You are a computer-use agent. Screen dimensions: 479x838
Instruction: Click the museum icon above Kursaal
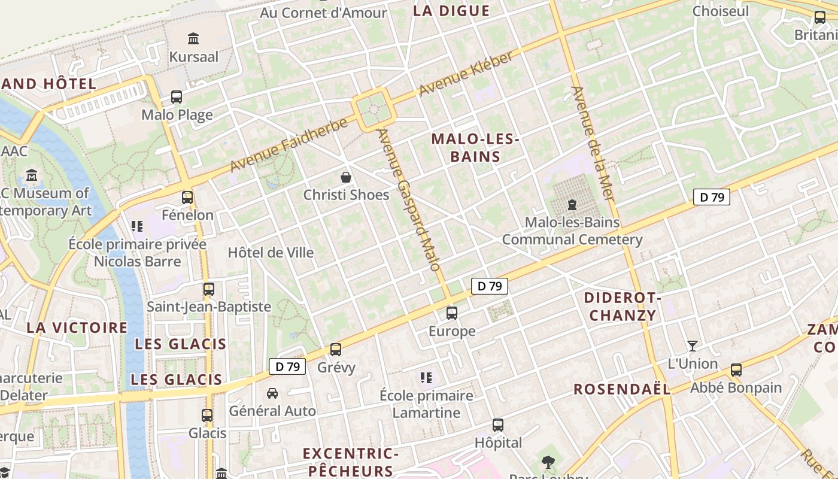click(x=193, y=39)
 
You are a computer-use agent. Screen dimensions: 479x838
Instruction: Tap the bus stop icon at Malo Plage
click(x=177, y=96)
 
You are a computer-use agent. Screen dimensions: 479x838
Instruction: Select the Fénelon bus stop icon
click(x=187, y=197)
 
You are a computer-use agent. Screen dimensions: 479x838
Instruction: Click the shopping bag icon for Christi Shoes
click(x=346, y=177)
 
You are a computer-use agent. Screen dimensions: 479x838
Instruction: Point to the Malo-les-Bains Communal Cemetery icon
click(x=572, y=205)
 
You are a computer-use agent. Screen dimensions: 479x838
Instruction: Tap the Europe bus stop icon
click(x=452, y=313)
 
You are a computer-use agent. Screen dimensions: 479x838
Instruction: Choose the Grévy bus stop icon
click(x=336, y=349)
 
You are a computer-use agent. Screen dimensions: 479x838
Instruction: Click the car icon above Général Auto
click(x=272, y=393)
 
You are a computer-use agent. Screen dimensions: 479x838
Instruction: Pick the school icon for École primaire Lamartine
click(x=426, y=377)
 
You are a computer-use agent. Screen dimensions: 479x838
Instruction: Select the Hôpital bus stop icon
click(x=498, y=425)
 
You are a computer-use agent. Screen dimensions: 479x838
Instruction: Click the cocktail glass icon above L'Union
click(x=693, y=345)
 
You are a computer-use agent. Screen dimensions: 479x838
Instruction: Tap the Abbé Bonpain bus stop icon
click(x=736, y=370)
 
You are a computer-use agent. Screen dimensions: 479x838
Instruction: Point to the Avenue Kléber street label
click(x=466, y=74)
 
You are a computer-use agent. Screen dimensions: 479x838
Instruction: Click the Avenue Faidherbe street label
click(x=289, y=145)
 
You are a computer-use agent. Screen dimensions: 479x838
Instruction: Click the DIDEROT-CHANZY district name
click(x=623, y=307)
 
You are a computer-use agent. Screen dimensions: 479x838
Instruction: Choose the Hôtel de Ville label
click(x=271, y=253)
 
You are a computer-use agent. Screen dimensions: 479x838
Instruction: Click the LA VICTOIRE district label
click(x=77, y=328)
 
